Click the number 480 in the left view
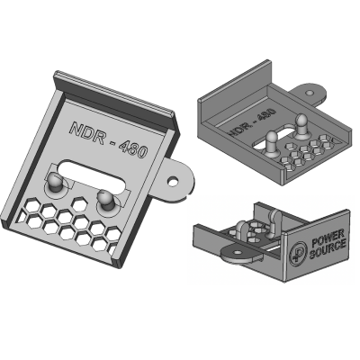click(x=133, y=148)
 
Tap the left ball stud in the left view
click(x=55, y=182)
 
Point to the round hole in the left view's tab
click(x=173, y=181)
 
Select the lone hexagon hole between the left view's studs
click(x=79, y=203)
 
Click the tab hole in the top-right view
click(x=310, y=92)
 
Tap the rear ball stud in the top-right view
click(x=300, y=123)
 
